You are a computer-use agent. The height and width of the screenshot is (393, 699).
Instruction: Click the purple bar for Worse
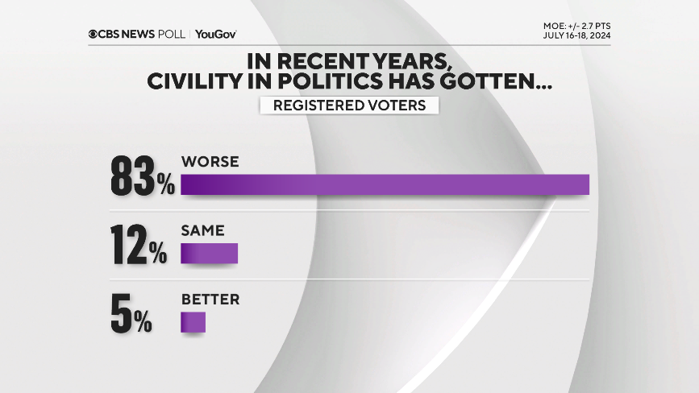[385, 184]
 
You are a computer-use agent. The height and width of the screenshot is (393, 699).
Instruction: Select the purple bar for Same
[209, 254]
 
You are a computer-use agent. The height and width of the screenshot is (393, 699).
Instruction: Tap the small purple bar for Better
[193, 322]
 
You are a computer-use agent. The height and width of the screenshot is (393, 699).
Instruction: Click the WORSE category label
[210, 162]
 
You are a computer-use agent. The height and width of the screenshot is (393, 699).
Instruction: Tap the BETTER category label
[210, 300]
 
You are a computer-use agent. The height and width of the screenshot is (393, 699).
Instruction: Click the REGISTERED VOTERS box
[349, 105]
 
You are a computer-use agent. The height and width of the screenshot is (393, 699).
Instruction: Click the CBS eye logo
[94, 34]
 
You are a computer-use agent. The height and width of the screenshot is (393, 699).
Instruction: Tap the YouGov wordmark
[216, 34]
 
